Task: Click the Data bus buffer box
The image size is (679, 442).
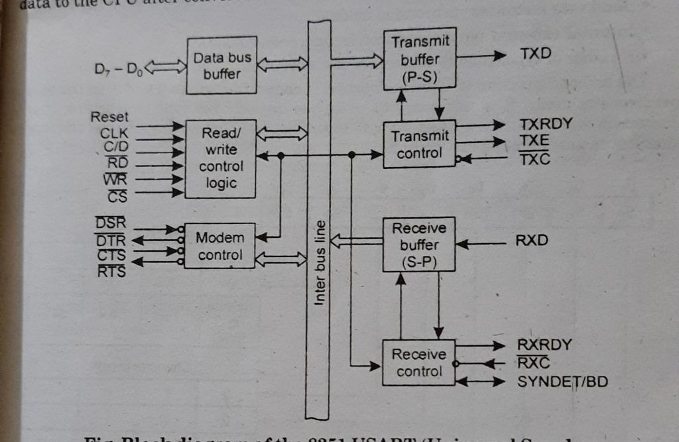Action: tap(221, 66)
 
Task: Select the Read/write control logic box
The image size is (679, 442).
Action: tap(221, 158)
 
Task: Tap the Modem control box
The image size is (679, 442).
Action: tap(219, 246)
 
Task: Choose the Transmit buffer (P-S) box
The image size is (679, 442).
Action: tap(420, 60)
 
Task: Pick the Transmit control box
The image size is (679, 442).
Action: tap(420, 144)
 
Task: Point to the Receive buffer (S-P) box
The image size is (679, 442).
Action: tap(419, 245)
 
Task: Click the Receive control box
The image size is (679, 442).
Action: tap(418, 362)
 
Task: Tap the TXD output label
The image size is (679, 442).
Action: tap(536, 54)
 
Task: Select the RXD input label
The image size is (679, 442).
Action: tap(532, 241)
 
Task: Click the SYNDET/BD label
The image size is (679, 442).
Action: tap(562, 382)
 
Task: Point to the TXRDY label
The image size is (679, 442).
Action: tap(546, 124)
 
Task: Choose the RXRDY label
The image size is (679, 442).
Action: tap(543, 345)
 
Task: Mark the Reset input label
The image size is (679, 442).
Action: tap(109, 117)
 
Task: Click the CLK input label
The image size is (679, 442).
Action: tap(113, 132)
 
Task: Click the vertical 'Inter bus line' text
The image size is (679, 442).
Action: tap(320, 263)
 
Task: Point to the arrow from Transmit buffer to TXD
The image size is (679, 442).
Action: tap(481, 56)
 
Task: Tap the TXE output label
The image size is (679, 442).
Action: tap(534, 140)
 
